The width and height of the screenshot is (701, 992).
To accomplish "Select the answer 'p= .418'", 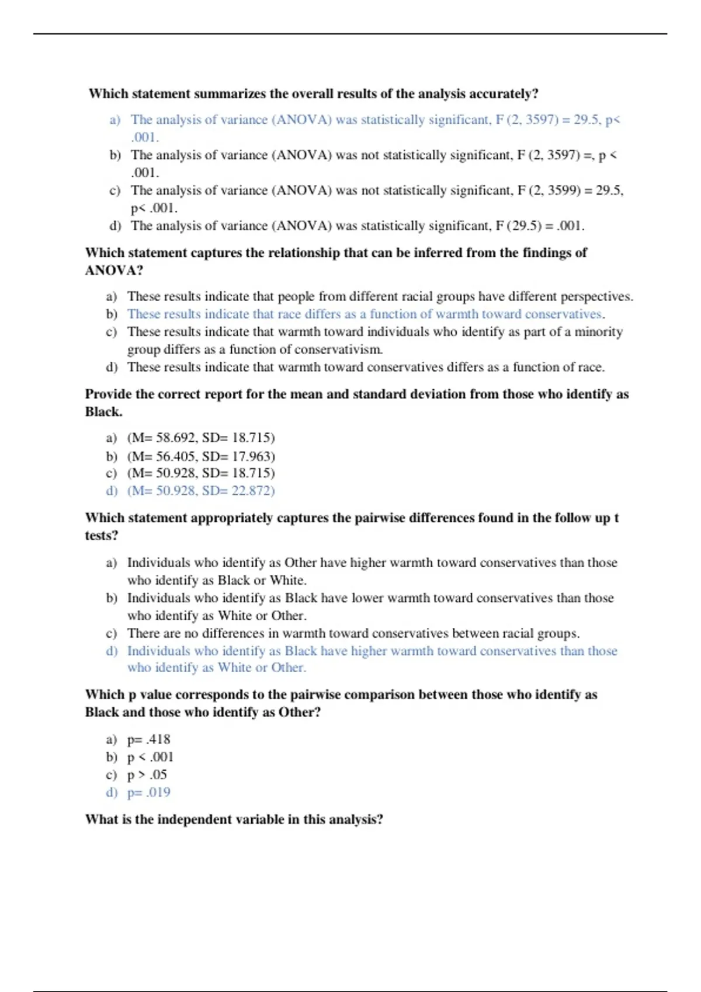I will click(x=149, y=739).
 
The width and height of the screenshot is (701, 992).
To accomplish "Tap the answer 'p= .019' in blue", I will click(x=149, y=792).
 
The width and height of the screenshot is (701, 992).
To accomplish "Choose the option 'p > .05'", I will click(x=147, y=775).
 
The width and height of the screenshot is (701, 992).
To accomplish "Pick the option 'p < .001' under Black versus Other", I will click(x=150, y=757).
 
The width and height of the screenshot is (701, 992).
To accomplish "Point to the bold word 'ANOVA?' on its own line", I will click(x=114, y=271).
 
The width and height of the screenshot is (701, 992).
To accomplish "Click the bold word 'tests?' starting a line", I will click(x=102, y=536).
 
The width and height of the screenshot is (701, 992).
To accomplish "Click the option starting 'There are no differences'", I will click(x=353, y=634).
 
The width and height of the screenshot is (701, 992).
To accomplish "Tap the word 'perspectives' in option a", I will click(x=595, y=296).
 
